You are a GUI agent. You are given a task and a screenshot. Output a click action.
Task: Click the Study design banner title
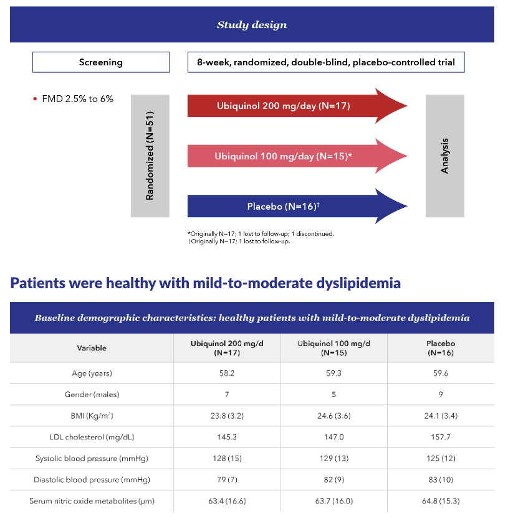tap(252, 25)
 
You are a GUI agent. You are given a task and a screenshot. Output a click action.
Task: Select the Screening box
tap(101, 62)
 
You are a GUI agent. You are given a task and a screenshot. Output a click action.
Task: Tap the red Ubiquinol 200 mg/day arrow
tap(297, 106)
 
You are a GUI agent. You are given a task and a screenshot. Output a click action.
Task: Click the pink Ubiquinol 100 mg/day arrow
tap(297, 156)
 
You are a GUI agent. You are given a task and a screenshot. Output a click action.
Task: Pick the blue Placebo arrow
tap(297, 206)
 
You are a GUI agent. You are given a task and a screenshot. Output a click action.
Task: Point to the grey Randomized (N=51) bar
tap(150, 156)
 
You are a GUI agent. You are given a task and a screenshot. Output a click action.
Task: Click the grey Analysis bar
tap(445, 156)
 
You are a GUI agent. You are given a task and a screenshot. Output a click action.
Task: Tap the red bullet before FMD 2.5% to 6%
tap(35, 99)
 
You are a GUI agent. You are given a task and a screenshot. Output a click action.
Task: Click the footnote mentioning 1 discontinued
tap(261, 234)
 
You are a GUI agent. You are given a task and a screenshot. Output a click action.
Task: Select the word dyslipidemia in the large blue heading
tap(358, 283)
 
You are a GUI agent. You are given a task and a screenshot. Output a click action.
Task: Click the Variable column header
tap(92, 348)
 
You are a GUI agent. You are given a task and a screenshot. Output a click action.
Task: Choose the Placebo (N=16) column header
tap(441, 348)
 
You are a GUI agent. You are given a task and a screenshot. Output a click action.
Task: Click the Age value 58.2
tap(227, 373)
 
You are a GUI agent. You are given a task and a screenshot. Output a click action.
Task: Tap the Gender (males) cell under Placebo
tap(441, 395)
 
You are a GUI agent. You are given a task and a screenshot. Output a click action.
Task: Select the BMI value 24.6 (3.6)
tap(334, 416)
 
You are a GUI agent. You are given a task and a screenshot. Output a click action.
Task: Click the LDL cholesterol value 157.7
tap(441, 437)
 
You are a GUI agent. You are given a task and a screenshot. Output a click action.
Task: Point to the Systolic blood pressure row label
tap(92, 459)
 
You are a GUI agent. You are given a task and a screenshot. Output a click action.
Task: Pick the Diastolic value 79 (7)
tap(227, 480)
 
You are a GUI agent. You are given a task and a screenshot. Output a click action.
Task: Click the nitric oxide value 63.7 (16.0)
tap(334, 501)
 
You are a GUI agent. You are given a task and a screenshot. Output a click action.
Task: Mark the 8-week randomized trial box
tap(326, 62)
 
